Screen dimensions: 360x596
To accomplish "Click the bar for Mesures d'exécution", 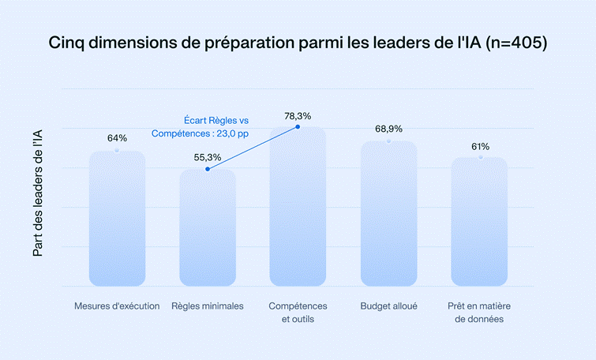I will [x=117, y=219].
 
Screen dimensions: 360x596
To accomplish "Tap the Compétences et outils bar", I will [x=298, y=207].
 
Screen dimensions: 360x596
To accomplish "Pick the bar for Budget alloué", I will [x=388, y=214].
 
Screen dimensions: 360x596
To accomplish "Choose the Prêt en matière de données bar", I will [x=479, y=222].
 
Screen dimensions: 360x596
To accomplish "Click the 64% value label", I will [x=117, y=138].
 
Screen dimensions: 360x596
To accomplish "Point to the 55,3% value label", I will [x=208, y=156].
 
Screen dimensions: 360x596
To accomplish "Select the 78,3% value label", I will [x=298, y=116].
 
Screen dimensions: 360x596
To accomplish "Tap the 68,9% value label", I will [x=388, y=129].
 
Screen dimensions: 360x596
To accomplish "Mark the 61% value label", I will [x=480, y=146].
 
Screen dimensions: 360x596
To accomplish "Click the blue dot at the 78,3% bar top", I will [x=298, y=127].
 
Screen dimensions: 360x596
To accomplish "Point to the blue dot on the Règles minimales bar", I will [x=208, y=169].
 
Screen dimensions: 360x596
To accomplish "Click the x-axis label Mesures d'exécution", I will [x=117, y=306].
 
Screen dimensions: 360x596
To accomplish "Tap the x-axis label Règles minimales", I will [x=208, y=306].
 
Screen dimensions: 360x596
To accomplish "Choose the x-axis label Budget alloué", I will [x=388, y=306].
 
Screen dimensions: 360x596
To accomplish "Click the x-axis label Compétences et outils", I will [x=298, y=313].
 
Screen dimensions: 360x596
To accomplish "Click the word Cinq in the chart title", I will [x=68, y=43].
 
